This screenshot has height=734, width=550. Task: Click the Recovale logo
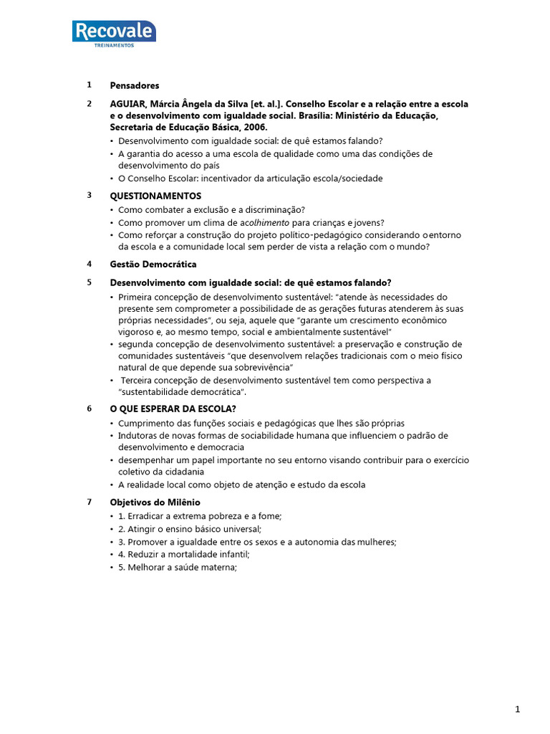tap(114, 32)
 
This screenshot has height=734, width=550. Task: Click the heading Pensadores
tap(135, 86)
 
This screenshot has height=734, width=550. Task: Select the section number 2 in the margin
tap(90, 104)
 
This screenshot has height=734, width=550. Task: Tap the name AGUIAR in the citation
tap(127, 104)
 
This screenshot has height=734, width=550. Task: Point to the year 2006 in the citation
tap(255, 127)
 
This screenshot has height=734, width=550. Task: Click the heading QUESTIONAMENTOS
tap(155, 196)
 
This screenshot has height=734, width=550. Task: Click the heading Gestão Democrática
tap(153, 264)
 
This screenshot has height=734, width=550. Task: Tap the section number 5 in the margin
tap(90, 282)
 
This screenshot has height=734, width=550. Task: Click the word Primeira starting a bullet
tap(136, 297)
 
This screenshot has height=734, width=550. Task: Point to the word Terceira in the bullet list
tap(140, 380)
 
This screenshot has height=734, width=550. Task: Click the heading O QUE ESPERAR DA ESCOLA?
tap(173, 409)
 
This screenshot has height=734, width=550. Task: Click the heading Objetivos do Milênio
tap(155, 502)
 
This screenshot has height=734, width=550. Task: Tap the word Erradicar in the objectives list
tap(148, 516)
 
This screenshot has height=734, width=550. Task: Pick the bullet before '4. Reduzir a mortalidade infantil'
tap(112, 555)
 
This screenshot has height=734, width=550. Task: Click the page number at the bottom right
tap(517, 710)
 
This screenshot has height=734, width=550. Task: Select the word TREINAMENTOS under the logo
tap(114, 46)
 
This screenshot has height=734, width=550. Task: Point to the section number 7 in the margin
tap(90, 502)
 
